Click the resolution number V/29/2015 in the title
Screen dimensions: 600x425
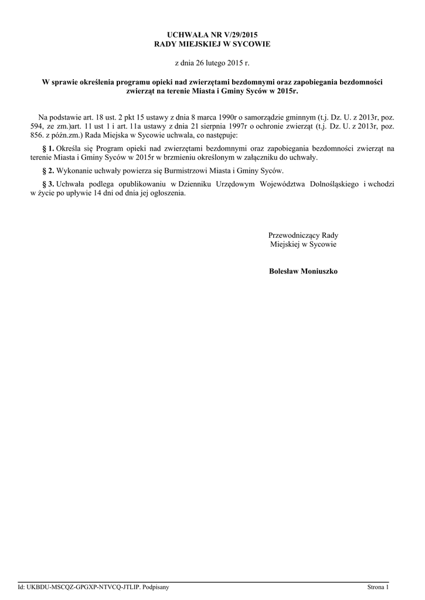(x=241, y=36)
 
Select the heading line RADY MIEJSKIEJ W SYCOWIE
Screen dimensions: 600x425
(x=212, y=44)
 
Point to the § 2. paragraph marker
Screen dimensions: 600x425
(x=49, y=171)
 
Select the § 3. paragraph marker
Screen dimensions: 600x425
(x=49, y=184)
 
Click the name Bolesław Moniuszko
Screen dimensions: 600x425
(x=303, y=271)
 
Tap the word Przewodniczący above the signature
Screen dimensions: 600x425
(x=295, y=235)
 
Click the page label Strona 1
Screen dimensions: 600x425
(x=378, y=587)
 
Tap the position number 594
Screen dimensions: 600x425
(x=37, y=126)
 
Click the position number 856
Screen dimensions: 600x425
(x=37, y=135)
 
